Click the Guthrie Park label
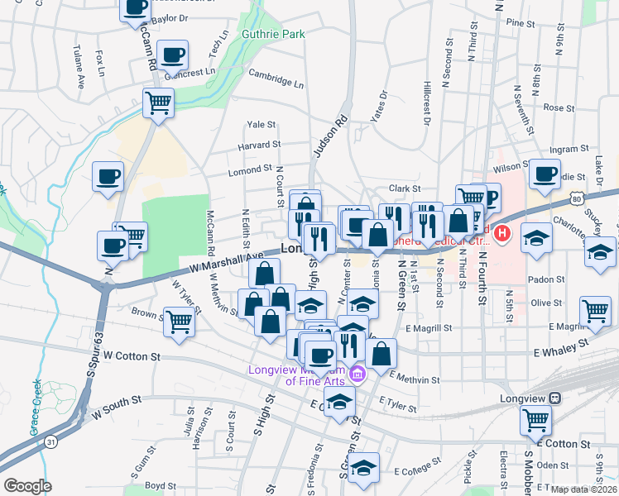(273, 34)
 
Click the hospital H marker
(501, 236)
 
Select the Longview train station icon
(554, 398)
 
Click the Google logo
(27, 485)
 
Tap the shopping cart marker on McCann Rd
(158, 104)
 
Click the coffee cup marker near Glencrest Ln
(173, 56)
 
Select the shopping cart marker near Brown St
(180, 322)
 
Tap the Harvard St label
(259, 145)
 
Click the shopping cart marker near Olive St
(595, 312)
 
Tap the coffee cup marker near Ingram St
(545, 174)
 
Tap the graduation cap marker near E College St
(363, 469)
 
